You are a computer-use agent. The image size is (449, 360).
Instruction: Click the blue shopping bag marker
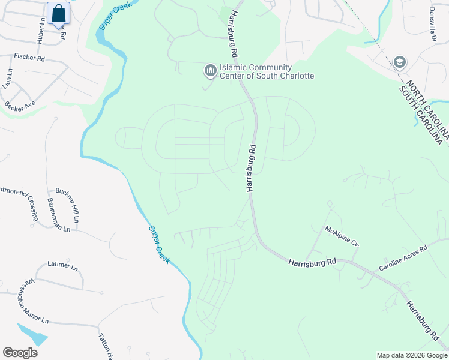point(58,13)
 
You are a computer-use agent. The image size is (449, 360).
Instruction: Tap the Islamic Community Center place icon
point(210,71)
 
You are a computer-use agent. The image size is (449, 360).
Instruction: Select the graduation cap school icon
point(400,62)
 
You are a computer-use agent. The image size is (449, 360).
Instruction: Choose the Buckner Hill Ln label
point(72,209)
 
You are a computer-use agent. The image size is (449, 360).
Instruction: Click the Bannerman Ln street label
point(58,215)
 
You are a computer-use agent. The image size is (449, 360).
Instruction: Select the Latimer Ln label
point(62,265)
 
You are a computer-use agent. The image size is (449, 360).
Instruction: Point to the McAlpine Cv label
point(341,236)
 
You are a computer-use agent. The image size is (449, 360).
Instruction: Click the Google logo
point(20,353)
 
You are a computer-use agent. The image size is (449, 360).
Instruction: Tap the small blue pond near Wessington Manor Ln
point(33,332)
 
